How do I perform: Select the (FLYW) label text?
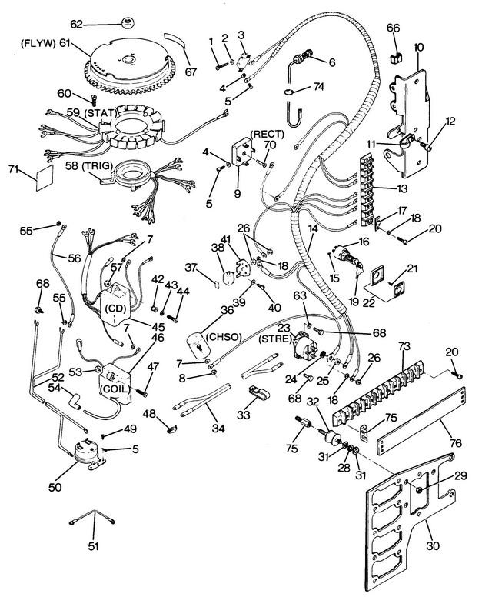point(38,43)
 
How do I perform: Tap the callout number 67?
point(191,72)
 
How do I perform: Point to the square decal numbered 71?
point(45,178)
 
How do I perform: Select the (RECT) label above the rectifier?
point(267,134)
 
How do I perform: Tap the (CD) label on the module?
point(115,308)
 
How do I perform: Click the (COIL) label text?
point(115,390)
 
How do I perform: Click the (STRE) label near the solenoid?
point(274,339)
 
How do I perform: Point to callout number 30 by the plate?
point(433,545)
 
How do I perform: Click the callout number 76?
point(455,443)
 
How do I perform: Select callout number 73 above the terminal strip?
point(404,346)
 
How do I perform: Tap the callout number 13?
point(401,188)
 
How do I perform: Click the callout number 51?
point(93,546)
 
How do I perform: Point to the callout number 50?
point(55,487)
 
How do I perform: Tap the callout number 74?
point(318,87)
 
